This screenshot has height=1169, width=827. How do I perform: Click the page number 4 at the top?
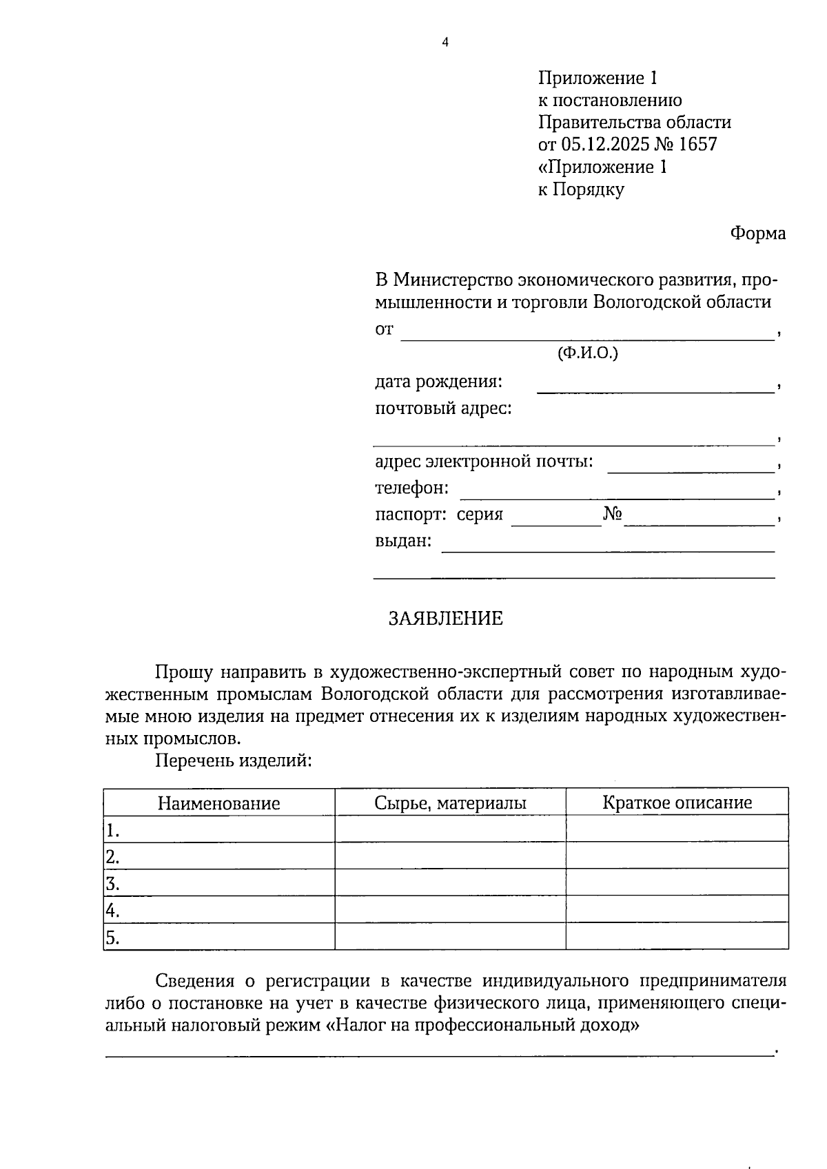click(x=445, y=42)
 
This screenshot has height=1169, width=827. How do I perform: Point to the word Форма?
click(x=757, y=234)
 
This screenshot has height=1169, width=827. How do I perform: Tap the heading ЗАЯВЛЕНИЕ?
click(x=446, y=619)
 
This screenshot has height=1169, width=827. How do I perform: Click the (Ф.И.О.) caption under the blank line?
click(x=588, y=354)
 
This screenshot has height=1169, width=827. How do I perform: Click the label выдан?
click(x=403, y=541)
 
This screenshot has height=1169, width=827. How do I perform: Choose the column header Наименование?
click(x=219, y=803)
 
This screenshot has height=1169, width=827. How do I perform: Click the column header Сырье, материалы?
click(x=450, y=803)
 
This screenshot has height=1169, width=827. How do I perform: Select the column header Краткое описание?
click(x=677, y=803)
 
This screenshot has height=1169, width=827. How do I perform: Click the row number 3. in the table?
click(x=112, y=884)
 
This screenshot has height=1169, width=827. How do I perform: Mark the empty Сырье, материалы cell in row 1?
click(x=450, y=829)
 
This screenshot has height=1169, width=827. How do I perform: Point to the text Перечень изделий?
click(x=234, y=761)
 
